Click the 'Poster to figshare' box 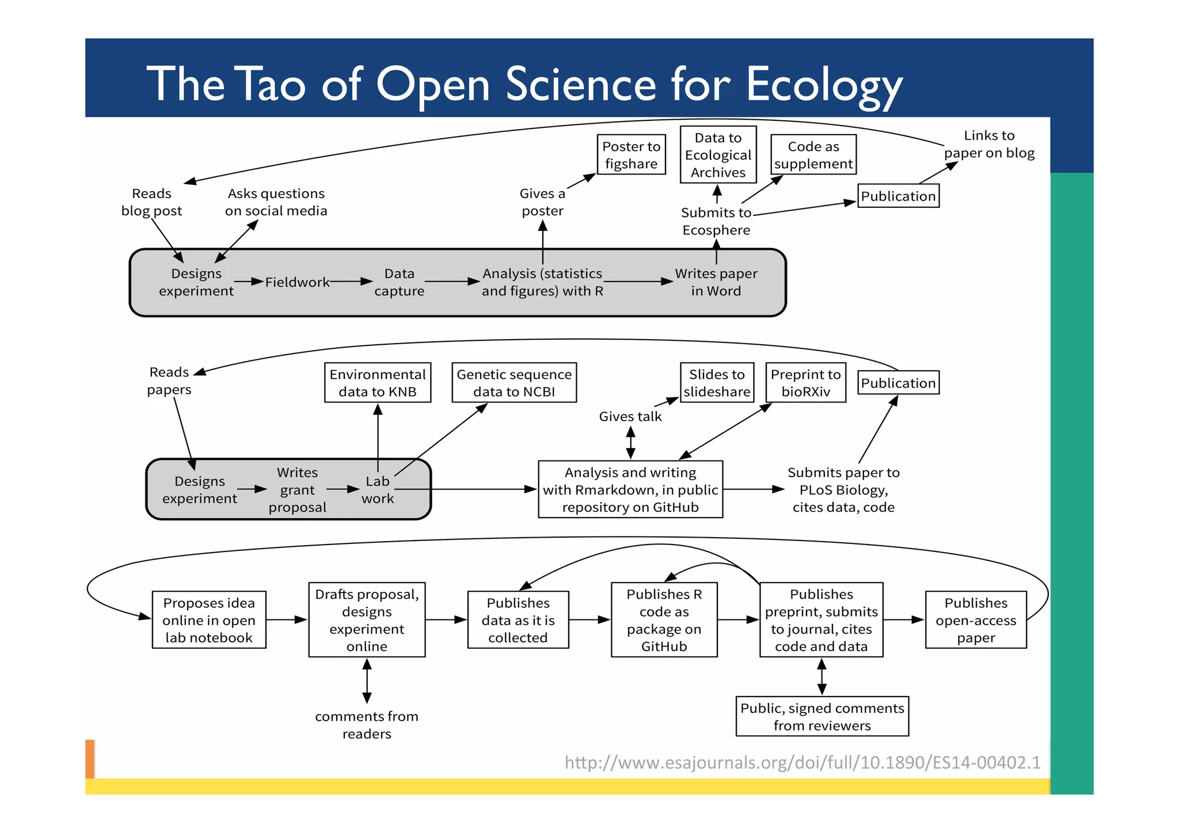pyautogui.click(x=631, y=155)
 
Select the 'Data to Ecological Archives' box pyautogui.click(x=718, y=155)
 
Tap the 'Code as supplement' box pyautogui.click(x=813, y=155)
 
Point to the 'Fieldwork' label pyautogui.click(x=297, y=282)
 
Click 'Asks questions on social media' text pyautogui.click(x=276, y=202)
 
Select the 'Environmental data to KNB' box pyautogui.click(x=377, y=383)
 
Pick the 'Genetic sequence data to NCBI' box pyautogui.click(x=514, y=383)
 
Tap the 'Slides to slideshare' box pyautogui.click(x=717, y=383)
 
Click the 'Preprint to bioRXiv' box pyautogui.click(x=805, y=383)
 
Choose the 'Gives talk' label pyautogui.click(x=630, y=416)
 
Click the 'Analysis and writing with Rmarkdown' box pyautogui.click(x=630, y=489)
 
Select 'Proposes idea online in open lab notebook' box pyautogui.click(x=208, y=620)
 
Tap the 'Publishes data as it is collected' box pyautogui.click(x=518, y=620)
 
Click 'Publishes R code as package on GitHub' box pyautogui.click(x=664, y=620)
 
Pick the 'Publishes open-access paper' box pyautogui.click(x=975, y=620)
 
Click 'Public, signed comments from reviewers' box pyautogui.click(x=822, y=717)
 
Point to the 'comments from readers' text pyautogui.click(x=366, y=725)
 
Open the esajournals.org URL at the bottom pyautogui.click(x=802, y=762)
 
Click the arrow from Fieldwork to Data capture pyautogui.click(x=351, y=282)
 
